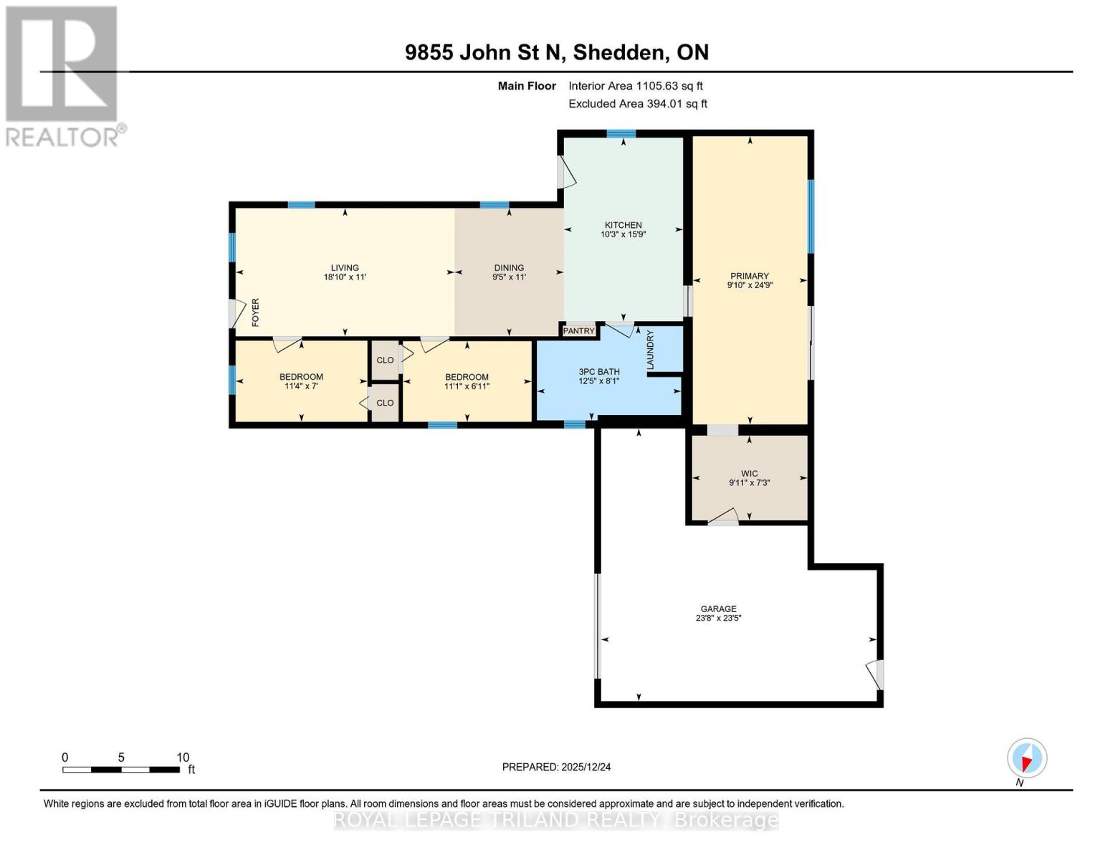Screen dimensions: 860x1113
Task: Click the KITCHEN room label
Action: click(623, 225)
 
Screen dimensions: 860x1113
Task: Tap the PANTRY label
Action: click(579, 330)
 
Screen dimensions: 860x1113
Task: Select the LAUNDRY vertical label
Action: click(651, 350)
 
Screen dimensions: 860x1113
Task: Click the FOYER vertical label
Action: click(255, 312)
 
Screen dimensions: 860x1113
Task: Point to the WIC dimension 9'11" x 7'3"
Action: click(749, 483)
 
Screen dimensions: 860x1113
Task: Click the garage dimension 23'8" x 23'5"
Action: click(718, 618)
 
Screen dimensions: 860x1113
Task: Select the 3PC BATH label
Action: click(599, 372)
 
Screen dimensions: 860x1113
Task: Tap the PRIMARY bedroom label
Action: click(750, 276)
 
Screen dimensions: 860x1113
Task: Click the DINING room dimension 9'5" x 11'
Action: click(509, 277)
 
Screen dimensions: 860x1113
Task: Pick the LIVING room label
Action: click(345, 268)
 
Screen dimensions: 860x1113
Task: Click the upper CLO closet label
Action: click(385, 360)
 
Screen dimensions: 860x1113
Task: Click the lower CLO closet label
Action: click(385, 403)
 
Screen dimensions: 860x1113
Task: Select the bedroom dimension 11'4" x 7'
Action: click(301, 386)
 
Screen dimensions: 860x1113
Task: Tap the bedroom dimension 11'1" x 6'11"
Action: click(467, 386)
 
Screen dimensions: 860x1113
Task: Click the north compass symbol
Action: click(1027, 758)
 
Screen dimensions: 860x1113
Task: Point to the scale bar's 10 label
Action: click(183, 758)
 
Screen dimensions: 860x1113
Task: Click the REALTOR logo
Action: click(63, 76)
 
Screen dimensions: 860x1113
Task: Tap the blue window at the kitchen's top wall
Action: click(621, 133)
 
